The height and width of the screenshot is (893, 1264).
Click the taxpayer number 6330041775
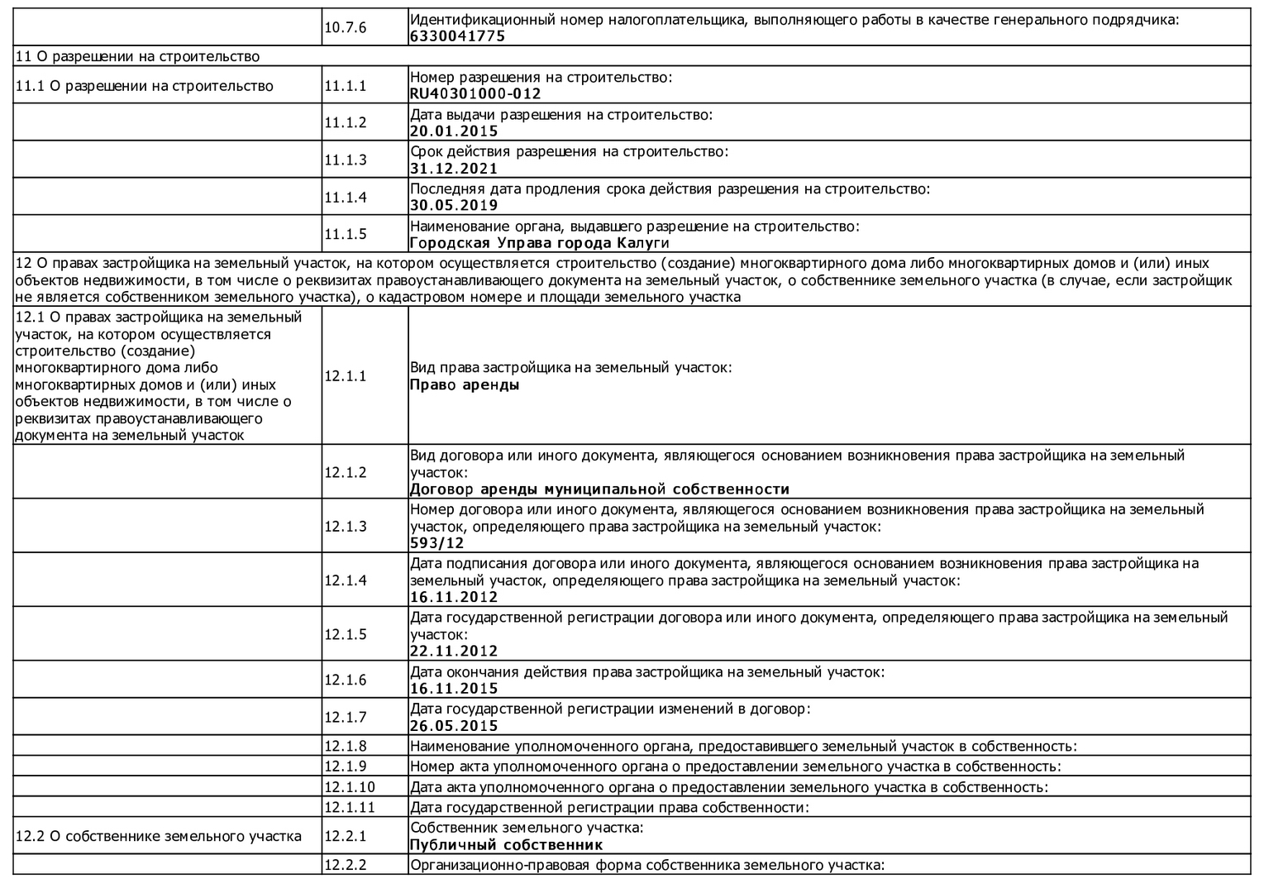pyautogui.click(x=457, y=36)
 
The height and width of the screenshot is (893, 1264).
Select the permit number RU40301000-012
pyautogui.click(x=475, y=94)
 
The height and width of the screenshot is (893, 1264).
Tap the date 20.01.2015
pyautogui.click(x=454, y=131)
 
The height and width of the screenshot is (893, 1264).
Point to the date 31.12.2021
pyautogui.click(x=454, y=169)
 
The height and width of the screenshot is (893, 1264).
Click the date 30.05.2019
pyautogui.click(x=454, y=205)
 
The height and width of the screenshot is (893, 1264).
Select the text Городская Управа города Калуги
pyautogui.click(x=539, y=243)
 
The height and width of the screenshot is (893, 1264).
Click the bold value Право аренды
pyautogui.click(x=465, y=384)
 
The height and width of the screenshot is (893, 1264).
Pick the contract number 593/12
pyautogui.click(x=437, y=543)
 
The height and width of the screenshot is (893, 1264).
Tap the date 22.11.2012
pyautogui.click(x=454, y=651)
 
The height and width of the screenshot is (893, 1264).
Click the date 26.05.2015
pyautogui.click(x=454, y=726)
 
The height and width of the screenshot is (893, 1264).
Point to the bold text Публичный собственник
pyautogui.click(x=506, y=845)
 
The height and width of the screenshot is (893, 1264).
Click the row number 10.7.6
pyautogui.click(x=345, y=28)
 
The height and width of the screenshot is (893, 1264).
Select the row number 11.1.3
pyautogui.click(x=345, y=160)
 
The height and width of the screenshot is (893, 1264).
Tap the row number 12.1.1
pyautogui.click(x=345, y=376)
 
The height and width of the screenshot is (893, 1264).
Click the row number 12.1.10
pyautogui.click(x=349, y=786)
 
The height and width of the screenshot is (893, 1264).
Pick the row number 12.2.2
pyautogui.click(x=345, y=865)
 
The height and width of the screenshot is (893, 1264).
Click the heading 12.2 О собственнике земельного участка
pyautogui.click(x=158, y=836)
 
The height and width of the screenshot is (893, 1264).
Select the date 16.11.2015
pyautogui.click(x=454, y=689)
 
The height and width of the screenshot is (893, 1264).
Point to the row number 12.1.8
pyautogui.click(x=345, y=746)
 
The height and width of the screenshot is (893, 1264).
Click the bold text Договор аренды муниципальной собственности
pyautogui.click(x=599, y=489)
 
